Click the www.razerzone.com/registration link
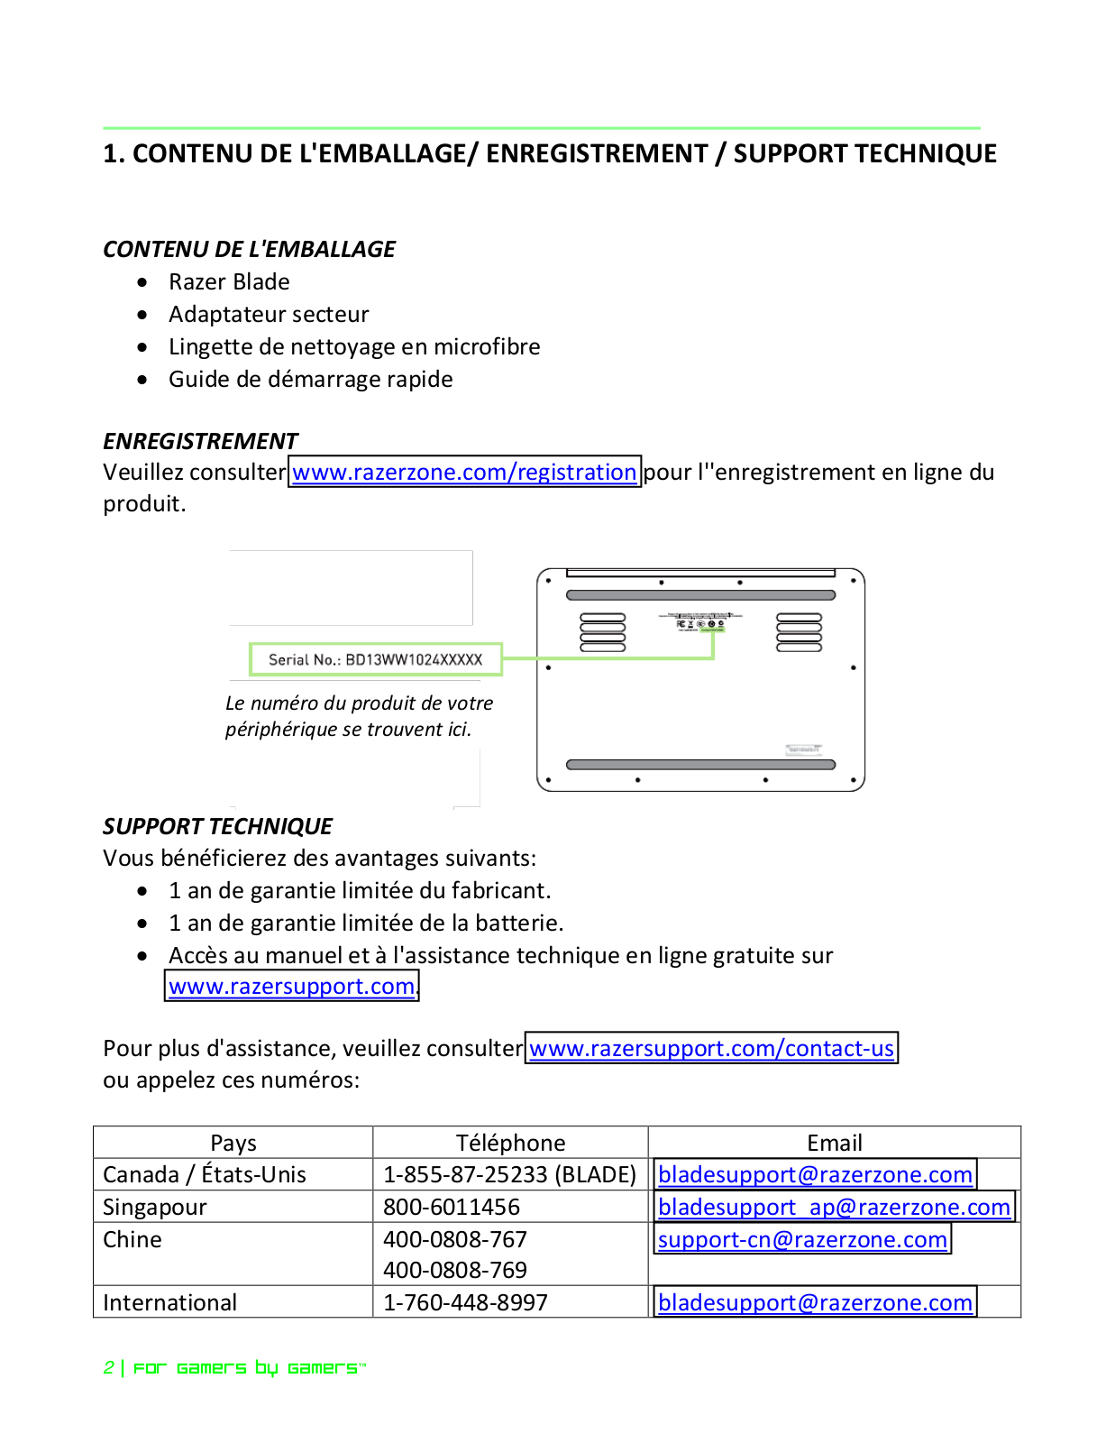[x=464, y=473]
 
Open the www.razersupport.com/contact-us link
[x=711, y=1049]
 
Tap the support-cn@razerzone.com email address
[x=802, y=1240]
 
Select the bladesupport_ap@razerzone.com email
[x=834, y=1208]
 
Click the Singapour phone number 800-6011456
[x=452, y=1208]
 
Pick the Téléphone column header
[x=510, y=1144]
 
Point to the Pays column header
[x=233, y=1144]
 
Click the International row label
[x=170, y=1303]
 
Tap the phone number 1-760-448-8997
[x=465, y=1303]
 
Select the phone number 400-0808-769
[x=455, y=1271]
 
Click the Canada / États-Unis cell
[x=205, y=1175]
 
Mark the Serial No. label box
[x=375, y=660]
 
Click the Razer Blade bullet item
[x=229, y=282]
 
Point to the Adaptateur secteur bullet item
[x=269, y=315]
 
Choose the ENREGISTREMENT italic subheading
[x=200, y=441]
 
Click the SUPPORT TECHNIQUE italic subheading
[x=217, y=827]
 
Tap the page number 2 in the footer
[x=108, y=1368]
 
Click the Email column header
[x=835, y=1144]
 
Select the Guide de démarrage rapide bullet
[x=310, y=380]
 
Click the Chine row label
[x=133, y=1240]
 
